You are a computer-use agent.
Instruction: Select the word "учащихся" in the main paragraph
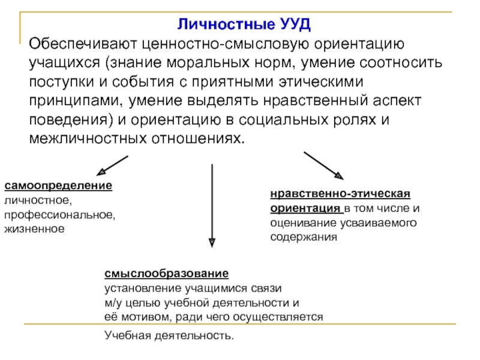pyautogui.click(x=62, y=62)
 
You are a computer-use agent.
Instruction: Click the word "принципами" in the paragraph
pyautogui.click(x=68, y=100)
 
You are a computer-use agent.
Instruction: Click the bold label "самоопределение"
pyautogui.click(x=58, y=186)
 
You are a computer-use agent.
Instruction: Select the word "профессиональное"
pyautogui.click(x=59, y=214)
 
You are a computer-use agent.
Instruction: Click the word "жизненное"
pyautogui.click(x=34, y=229)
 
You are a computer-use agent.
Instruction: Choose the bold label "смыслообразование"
pyautogui.click(x=166, y=274)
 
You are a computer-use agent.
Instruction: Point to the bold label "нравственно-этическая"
pyautogui.click(x=340, y=194)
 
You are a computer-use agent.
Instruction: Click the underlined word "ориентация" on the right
pyautogui.click(x=305, y=209)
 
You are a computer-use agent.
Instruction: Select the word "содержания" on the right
pyautogui.click(x=304, y=237)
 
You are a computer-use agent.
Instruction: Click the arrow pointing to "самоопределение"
pyautogui.click(x=112, y=164)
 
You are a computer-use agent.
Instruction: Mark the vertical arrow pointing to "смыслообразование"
pyautogui.click(x=211, y=204)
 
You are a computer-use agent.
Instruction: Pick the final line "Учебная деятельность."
pyautogui.click(x=169, y=334)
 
